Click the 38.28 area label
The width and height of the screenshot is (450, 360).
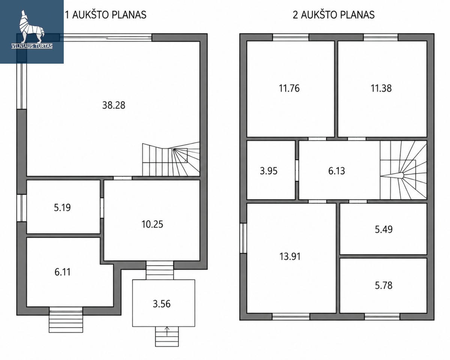pyautogui.click(x=114, y=105)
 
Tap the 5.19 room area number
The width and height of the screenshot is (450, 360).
pyautogui.click(x=62, y=208)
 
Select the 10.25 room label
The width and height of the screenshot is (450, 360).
pyautogui.click(x=152, y=224)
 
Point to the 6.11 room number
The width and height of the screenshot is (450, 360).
pyautogui.click(x=63, y=272)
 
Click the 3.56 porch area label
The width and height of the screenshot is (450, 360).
pyautogui.click(x=162, y=304)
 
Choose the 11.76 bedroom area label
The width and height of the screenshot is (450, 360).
pyautogui.click(x=289, y=88)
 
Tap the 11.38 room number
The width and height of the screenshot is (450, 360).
pyautogui.click(x=381, y=88)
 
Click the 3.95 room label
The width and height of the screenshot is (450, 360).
pyautogui.click(x=269, y=171)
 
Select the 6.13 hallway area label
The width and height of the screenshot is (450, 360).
pyautogui.click(x=336, y=171)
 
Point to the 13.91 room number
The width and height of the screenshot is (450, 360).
pyautogui.click(x=290, y=257)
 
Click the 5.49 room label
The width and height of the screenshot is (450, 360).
pyautogui.click(x=384, y=229)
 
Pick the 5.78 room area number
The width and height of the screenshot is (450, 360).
pyautogui.click(x=384, y=285)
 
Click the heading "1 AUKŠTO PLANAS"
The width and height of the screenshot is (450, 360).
pyautogui.click(x=106, y=15)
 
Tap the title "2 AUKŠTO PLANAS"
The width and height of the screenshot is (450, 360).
pyautogui.click(x=333, y=15)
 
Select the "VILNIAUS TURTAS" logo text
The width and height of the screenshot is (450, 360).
pyautogui.click(x=32, y=46)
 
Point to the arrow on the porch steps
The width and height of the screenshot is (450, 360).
pyautogui.click(x=167, y=331)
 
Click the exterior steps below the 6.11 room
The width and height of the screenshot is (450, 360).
pyautogui.click(x=66, y=321)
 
